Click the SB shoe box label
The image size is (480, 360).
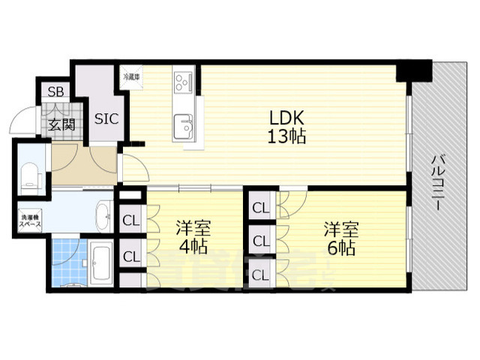pyautogui.click(x=55, y=92)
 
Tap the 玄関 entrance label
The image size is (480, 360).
pyautogui.click(x=62, y=125)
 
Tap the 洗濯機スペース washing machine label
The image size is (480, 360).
pyautogui.click(x=31, y=220)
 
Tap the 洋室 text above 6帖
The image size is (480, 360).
pyautogui.click(x=340, y=226)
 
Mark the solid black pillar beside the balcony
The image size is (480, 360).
pyautogui.click(x=413, y=73)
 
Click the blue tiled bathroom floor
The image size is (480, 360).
pyautogui.click(x=70, y=259)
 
